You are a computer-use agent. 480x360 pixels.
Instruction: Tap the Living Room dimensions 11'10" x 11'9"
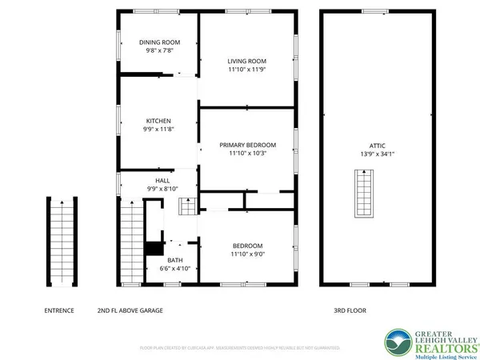coord(246,70)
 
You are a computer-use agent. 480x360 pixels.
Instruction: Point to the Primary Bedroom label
coord(248,145)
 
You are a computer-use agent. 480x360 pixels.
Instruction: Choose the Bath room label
coord(174,260)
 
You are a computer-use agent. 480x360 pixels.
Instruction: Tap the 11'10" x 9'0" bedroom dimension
coord(248,254)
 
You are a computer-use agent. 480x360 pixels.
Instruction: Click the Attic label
coord(366,145)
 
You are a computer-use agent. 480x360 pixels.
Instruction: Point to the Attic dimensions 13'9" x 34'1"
coord(366,153)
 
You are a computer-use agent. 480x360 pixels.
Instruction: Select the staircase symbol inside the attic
coord(364,194)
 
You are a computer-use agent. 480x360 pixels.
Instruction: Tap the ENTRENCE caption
coord(59,310)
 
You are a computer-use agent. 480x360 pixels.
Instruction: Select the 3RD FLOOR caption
coord(350,310)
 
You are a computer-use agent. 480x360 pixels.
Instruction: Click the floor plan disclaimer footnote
coord(240,349)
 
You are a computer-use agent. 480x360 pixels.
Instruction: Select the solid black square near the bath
coord(153,249)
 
